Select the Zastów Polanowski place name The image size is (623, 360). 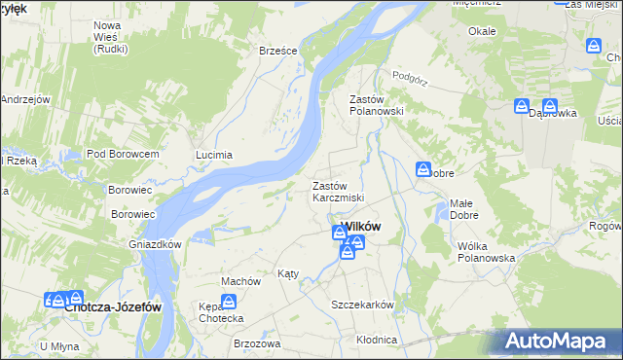[376, 105]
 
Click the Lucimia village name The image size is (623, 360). [214, 155]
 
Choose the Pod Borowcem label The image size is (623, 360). [123, 155]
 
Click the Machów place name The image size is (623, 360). [240, 281]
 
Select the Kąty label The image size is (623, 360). [288, 274]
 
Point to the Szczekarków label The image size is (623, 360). [362, 305]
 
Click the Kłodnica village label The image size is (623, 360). [377, 340]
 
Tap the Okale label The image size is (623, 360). [482, 31]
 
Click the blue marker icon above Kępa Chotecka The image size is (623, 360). [227, 288]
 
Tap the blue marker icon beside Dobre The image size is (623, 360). [424, 170]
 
